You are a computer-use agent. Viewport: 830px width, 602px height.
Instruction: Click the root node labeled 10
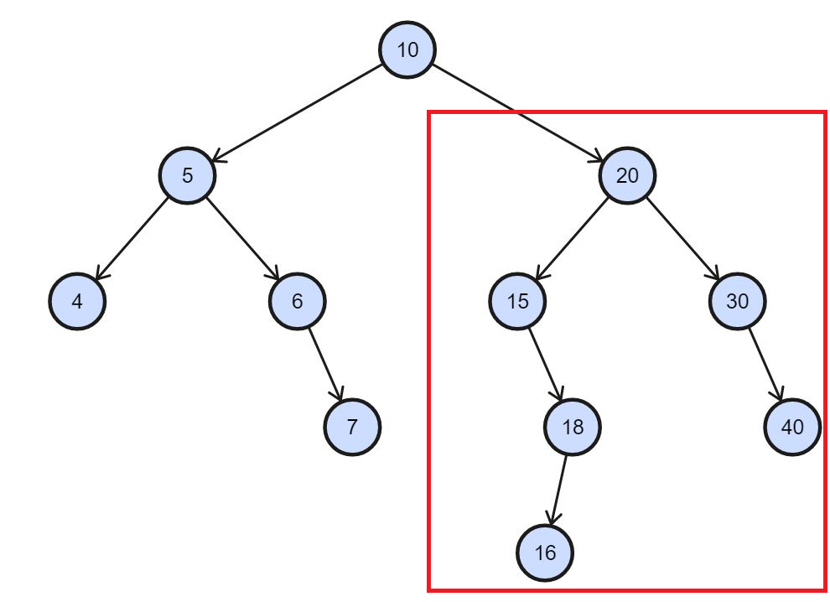click(407, 49)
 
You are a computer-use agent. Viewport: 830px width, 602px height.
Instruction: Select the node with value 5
click(187, 175)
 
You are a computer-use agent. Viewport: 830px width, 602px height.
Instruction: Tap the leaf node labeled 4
click(77, 301)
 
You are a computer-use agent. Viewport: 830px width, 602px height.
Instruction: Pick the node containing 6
click(298, 301)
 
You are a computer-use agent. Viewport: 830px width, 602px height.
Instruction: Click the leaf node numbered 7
click(352, 427)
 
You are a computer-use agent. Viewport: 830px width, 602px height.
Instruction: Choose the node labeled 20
click(627, 175)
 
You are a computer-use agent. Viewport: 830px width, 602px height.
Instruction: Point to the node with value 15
click(518, 301)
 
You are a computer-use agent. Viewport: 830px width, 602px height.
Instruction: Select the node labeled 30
click(737, 301)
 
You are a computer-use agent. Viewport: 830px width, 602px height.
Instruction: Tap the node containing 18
click(573, 427)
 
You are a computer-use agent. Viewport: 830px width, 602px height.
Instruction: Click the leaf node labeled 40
click(792, 427)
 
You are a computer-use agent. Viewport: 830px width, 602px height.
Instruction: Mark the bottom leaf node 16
click(545, 553)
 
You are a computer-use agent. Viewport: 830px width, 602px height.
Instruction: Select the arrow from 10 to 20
click(517, 112)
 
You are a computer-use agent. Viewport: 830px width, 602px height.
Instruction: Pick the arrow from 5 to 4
click(132, 238)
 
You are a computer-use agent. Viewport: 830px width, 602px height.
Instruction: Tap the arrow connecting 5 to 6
click(242, 238)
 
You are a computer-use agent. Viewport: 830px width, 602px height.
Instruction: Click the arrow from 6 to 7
click(325, 364)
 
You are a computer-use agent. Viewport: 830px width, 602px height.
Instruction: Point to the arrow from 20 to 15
click(573, 238)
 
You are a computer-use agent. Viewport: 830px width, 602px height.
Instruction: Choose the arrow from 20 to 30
click(682, 238)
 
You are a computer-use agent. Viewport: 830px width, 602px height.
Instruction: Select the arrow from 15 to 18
click(545, 364)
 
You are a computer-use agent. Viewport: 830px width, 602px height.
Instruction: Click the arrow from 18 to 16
click(559, 490)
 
